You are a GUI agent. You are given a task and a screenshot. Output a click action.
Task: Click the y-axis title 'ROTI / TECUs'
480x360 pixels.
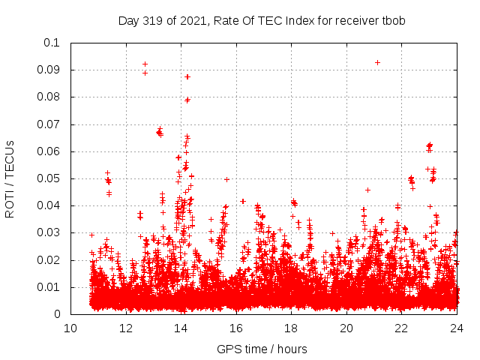(10, 178)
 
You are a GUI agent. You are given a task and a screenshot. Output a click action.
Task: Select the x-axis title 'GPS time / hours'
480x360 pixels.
(262, 349)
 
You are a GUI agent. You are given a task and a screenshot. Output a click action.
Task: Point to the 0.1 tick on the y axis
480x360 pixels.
(52, 43)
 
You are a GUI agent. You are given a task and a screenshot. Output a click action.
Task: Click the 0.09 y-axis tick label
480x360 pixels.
(49, 70)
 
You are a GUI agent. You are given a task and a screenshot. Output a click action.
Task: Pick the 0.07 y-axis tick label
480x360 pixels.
(49, 124)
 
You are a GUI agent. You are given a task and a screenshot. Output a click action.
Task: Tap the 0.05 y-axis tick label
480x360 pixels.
(49, 178)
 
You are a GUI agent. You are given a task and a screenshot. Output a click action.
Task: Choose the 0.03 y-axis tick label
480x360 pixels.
(49, 233)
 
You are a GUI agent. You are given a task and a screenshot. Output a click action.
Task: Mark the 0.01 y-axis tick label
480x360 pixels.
(49, 287)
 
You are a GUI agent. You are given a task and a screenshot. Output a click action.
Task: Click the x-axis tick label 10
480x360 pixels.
(70, 328)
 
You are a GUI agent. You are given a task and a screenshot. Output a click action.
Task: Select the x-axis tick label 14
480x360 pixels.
(181, 328)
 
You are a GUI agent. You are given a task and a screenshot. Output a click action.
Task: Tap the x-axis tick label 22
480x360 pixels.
(402, 328)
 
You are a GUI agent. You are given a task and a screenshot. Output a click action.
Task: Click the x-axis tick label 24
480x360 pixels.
(457, 328)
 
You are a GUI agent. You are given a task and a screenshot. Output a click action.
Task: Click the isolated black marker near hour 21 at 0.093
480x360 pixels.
(377, 62)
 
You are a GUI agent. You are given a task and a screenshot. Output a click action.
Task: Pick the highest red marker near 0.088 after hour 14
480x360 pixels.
(187, 76)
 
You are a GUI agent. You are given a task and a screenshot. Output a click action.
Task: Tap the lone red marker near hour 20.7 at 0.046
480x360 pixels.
(367, 190)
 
